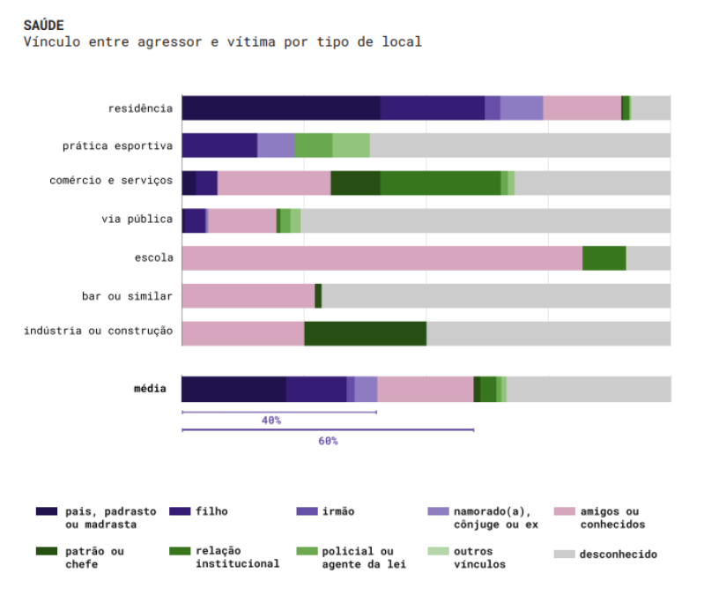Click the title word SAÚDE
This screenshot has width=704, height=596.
click(44, 25)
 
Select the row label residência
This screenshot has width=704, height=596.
click(140, 108)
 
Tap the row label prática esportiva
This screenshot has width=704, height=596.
click(117, 145)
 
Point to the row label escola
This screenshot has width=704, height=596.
click(153, 258)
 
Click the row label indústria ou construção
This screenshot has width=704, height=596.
click(98, 331)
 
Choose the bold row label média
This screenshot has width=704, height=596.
click(149, 387)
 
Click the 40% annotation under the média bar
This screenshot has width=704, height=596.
click(271, 421)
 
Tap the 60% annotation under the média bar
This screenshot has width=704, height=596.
click(328, 441)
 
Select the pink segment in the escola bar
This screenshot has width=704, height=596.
click(382, 258)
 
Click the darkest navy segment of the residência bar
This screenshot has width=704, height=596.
click(280, 108)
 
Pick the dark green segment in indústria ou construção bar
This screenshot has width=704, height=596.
click(365, 333)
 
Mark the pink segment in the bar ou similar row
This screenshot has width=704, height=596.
click(248, 296)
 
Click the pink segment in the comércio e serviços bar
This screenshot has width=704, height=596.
click(274, 183)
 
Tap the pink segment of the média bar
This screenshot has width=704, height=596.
click(425, 389)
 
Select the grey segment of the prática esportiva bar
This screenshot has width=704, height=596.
click(520, 145)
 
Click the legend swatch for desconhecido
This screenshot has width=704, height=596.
click(564, 555)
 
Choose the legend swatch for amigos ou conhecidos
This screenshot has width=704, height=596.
click(564, 511)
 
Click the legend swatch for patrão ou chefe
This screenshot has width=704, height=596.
click(47, 552)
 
